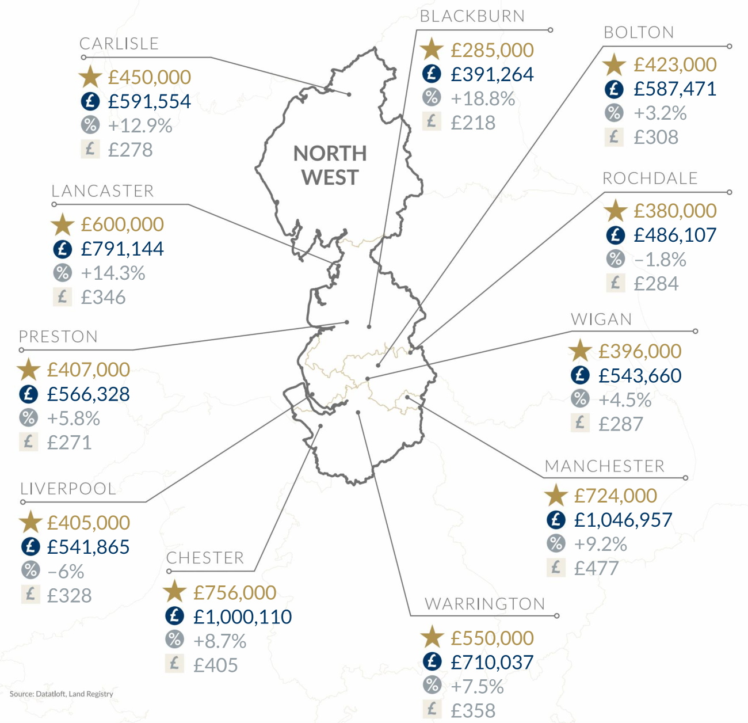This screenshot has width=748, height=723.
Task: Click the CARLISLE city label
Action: click(x=119, y=44)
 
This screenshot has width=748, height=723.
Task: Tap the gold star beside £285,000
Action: click(x=432, y=50)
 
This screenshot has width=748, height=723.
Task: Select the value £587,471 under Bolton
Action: click(x=675, y=89)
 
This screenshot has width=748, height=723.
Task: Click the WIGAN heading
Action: click(x=601, y=319)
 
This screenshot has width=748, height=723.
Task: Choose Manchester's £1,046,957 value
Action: click(x=623, y=520)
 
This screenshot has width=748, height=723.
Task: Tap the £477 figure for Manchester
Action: click(x=596, y=568)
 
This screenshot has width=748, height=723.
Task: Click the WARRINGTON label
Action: click(x=485, y=604)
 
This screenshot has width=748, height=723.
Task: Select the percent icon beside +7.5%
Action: click(x=432, y=685)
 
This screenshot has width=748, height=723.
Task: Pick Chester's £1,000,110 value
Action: click(x=242, y=617)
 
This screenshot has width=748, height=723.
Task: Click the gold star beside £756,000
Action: click(x=174, y=592)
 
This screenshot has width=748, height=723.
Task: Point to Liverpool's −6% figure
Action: click(x=66, y=571)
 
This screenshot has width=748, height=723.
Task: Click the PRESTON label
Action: click(x=58, y=337)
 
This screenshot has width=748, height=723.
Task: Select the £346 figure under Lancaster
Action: click(x=103, y=297)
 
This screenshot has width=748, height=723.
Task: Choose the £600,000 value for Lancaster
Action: click(x=122, y=224)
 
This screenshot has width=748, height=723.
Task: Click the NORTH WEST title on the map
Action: click(x=330, y=165)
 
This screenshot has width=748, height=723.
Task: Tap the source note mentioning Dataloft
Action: click(x=61, y=694)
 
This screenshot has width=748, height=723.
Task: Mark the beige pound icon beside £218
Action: click(x=432, y=121)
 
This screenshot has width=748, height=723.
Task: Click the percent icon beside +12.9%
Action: click(x=90, y=124)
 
